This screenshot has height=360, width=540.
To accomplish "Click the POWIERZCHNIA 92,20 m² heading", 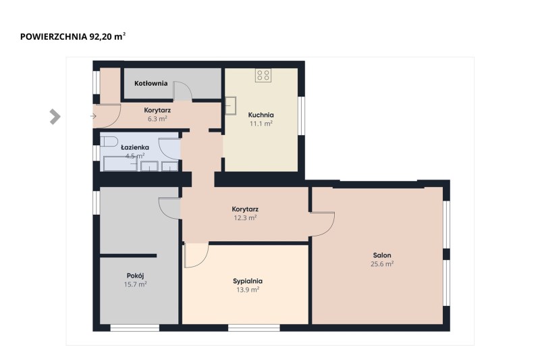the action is [73, 36].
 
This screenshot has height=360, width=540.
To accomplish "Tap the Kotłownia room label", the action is [151, 83].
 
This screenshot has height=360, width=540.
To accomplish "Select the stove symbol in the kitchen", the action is [263, 75].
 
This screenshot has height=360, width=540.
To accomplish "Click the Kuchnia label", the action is [261, 115].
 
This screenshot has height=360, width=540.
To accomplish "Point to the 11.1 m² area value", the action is [261, 124].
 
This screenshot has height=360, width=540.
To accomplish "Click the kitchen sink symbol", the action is [230, 105].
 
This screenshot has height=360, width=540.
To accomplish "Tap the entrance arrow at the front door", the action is [93, 116].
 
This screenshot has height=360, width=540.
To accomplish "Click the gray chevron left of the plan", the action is [55, 116].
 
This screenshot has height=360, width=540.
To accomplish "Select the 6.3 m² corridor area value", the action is [157, 119].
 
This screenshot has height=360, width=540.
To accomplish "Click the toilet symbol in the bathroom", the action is [109, 142].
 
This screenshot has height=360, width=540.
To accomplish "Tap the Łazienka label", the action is [135, 147].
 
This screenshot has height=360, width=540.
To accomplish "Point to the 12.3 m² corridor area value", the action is [245, 217].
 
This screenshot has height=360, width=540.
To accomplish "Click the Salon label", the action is [382, 255].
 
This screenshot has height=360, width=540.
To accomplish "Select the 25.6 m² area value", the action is [382, 264].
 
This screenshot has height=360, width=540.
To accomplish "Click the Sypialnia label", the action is [248, 281].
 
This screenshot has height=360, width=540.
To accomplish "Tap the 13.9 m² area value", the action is [248, 290].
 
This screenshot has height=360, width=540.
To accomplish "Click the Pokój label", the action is [136, 276].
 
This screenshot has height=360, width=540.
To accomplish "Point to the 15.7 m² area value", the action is [136, 284].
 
